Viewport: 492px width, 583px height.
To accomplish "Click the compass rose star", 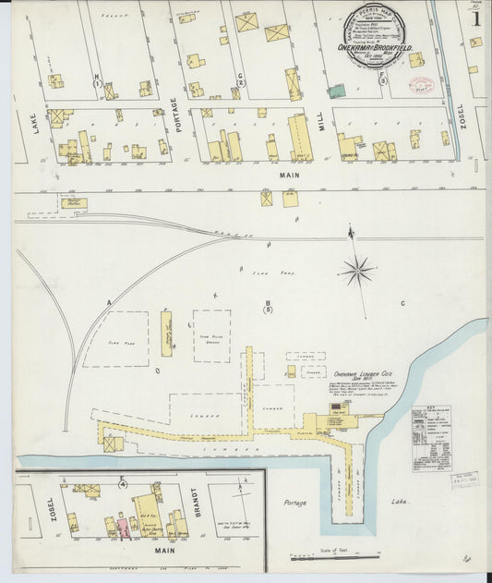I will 357,271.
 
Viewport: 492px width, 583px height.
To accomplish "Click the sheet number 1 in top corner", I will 475,18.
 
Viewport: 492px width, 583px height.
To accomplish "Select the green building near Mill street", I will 338,91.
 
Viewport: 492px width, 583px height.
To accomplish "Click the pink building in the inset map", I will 121,528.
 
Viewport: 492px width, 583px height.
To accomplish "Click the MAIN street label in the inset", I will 165,551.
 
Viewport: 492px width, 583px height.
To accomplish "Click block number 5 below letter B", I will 268,310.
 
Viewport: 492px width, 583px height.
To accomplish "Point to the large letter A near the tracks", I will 108,303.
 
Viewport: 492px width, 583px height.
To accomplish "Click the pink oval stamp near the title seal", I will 422,86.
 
